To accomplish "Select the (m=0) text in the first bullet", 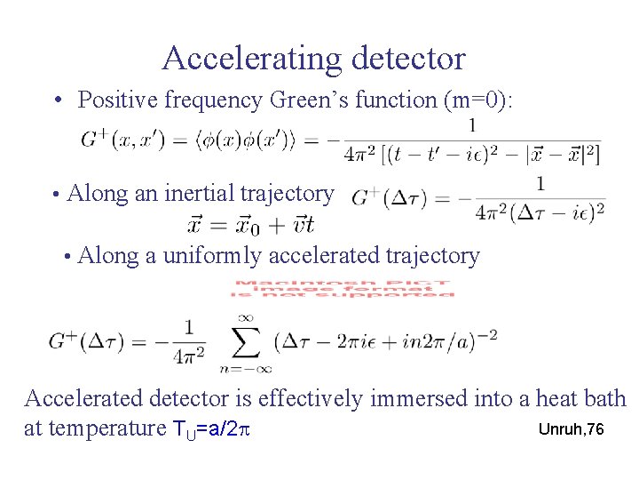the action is (484, 100).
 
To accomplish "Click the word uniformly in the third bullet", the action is (213, 256).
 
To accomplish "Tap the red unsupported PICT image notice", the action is (343, 289).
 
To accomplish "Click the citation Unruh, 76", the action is (571, 429).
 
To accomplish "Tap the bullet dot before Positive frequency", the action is (55, 100).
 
